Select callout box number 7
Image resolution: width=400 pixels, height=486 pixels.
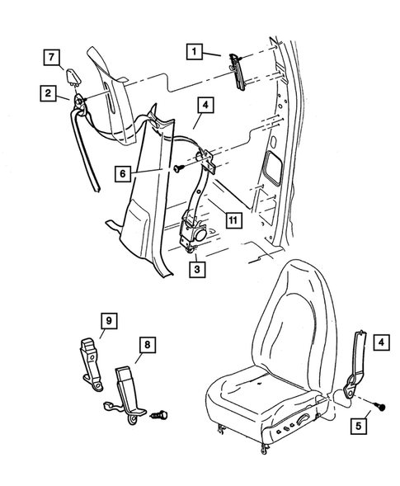tap(51, 57)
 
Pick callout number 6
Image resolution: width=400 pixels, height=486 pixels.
tap(122, 174)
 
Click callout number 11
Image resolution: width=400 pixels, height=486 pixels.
tap(233, 219)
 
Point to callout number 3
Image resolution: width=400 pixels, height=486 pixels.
tap(197, 268)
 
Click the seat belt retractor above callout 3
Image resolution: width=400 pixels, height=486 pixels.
tap(195, 228)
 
